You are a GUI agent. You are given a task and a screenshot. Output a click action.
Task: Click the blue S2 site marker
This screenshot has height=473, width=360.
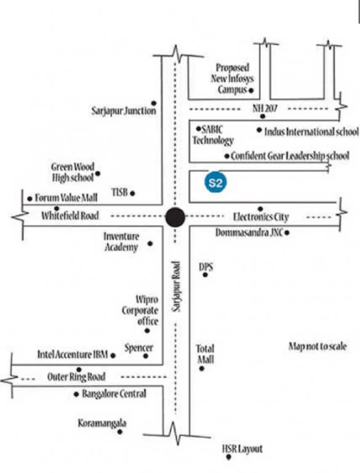coord(215,182)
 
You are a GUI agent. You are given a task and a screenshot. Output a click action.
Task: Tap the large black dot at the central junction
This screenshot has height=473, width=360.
coord(175,217)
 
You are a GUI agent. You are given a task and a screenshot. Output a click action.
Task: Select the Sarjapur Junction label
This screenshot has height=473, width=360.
coord(124,111)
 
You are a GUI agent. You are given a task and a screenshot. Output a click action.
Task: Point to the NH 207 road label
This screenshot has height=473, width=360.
coord(265,108)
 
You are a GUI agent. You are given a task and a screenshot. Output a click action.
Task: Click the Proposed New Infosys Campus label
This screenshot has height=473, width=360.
coord(232,78)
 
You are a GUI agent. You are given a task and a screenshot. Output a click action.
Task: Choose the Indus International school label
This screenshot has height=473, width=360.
coord(311,132)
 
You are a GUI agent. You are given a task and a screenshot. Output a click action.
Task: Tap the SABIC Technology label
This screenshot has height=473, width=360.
coord(213,135)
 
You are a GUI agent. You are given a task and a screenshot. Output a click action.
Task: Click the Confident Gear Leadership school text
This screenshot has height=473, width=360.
coord(290,156)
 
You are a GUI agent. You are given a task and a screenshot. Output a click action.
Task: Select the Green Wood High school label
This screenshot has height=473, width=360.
coord(73,172)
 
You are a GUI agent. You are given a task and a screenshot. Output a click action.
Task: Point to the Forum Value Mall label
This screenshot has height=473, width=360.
coord(66,198)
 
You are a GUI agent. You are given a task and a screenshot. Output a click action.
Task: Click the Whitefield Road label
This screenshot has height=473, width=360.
coord(70,216)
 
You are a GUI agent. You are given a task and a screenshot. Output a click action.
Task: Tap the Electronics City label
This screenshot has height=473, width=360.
coord(261,217)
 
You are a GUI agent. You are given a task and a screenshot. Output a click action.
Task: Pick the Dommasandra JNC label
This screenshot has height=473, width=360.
coord(249,233)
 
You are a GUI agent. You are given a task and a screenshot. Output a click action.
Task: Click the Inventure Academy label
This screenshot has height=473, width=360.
coord(121,241)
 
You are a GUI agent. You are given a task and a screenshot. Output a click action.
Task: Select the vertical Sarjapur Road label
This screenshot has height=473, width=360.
coord(177,286)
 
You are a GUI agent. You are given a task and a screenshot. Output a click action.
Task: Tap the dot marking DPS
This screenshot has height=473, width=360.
coord(206,275)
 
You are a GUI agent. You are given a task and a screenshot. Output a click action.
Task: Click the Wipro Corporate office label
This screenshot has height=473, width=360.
coord(140,310)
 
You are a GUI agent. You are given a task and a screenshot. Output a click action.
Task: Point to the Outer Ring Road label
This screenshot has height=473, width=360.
coord(76,377)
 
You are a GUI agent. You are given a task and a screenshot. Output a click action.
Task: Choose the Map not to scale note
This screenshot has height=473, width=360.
coord(318,346)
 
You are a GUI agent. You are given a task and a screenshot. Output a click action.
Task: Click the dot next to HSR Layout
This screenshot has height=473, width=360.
coord(229,457)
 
